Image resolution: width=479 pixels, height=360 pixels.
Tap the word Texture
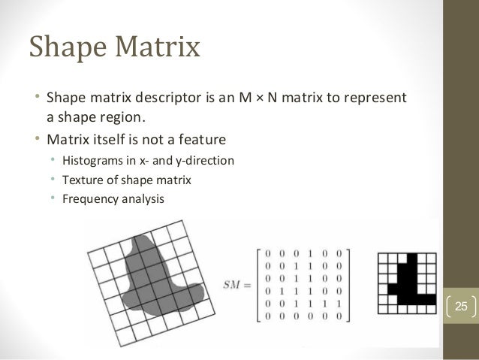tap(81, 180)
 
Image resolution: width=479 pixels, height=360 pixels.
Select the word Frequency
tap(89, 201)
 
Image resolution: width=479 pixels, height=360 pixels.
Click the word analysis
tap(141, 201)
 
